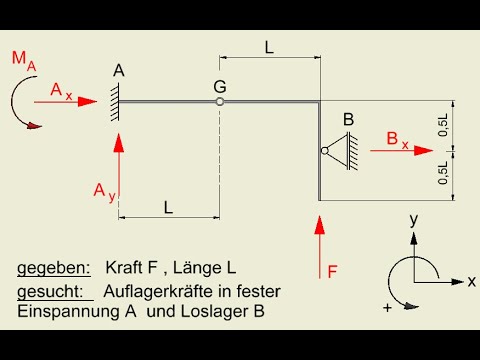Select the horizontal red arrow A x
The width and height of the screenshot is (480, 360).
coord(74,100)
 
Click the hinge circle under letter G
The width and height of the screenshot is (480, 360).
coord(219,100)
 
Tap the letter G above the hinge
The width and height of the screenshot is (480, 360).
coord(219,86)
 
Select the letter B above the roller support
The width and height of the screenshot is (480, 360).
coord(349,120)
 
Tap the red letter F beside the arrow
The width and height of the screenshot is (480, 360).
coord(332,270)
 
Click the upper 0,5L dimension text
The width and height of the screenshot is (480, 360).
coord(444,125)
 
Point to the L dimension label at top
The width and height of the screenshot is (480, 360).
coord(269,46)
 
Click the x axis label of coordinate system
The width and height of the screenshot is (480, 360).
coord(470,281)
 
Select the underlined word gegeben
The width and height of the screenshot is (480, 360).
coord(53,268)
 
